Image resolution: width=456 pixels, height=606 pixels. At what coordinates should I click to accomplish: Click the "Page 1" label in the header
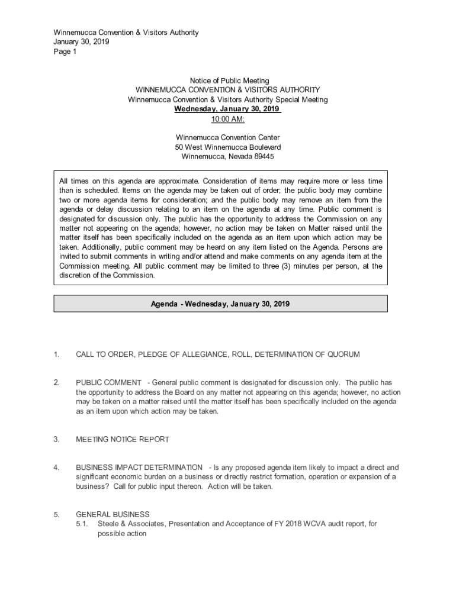pos(65,51)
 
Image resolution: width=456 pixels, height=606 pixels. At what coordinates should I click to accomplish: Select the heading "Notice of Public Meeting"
pos(229,80)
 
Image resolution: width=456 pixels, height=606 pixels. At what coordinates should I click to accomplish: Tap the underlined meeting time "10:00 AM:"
pos(228,119)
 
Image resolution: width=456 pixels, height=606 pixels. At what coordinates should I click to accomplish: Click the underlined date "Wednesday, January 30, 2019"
pos(227,109)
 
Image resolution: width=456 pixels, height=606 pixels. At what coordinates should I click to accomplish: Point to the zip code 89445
pos(264,157)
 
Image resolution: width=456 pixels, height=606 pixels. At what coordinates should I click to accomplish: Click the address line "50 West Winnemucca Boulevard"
pos(228,147)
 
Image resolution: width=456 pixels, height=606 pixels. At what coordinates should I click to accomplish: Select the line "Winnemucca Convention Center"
pos(228,138)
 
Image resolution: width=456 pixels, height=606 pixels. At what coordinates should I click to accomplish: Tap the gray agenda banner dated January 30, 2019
pos(220,304)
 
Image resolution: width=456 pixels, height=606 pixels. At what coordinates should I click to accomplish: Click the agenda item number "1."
pos(56,354)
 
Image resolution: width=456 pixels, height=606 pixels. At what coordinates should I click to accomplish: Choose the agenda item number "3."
pos(56,440)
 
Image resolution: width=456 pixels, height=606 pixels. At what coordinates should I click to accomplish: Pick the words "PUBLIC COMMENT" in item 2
pos(109,383)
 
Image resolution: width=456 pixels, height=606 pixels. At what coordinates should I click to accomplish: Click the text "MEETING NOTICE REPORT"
pos(123,440)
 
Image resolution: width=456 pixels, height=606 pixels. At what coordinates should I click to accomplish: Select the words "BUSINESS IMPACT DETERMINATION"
pos(139,468)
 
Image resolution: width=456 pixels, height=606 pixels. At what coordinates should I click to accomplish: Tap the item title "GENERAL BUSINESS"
pos(113,514)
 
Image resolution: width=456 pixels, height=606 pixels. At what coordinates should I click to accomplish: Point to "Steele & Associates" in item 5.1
pos(131,524)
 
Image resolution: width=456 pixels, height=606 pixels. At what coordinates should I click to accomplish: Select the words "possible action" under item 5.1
pos(122,533)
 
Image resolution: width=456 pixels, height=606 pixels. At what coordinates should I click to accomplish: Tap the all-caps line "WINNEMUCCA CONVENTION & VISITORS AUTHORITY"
pos(228,90)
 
